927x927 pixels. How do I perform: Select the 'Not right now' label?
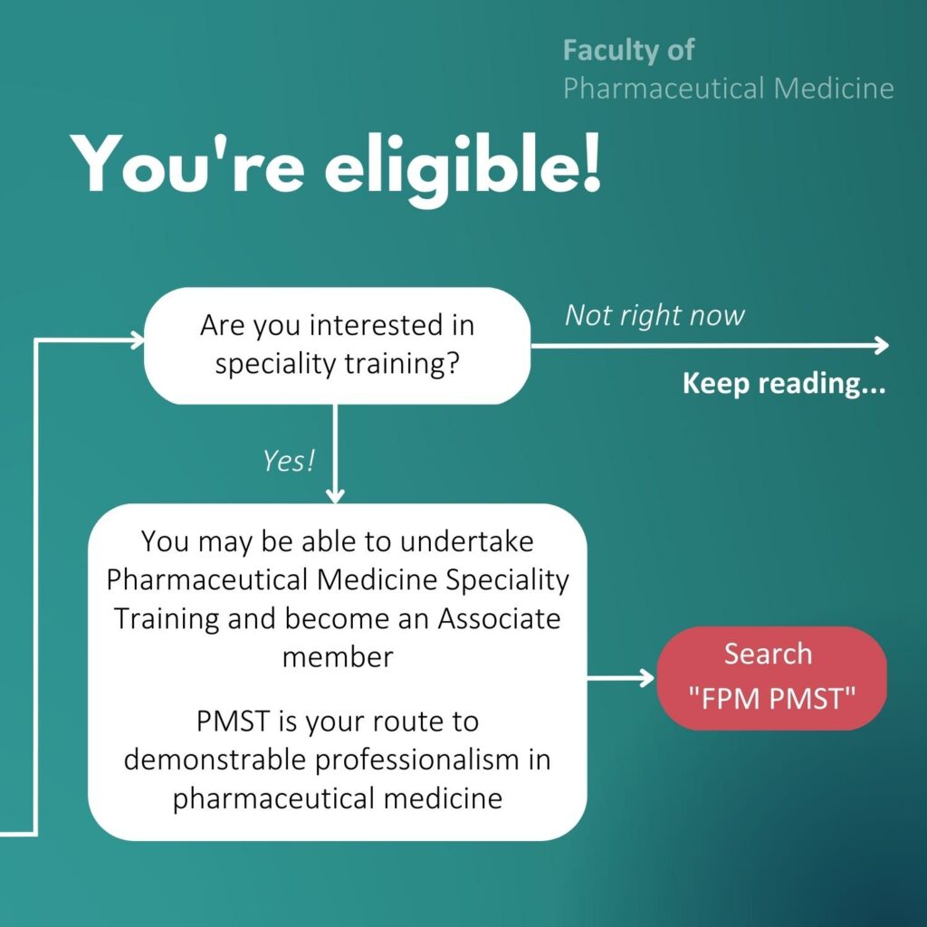[x=655, y=316]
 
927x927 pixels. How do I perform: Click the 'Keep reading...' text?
[x=784, y=383]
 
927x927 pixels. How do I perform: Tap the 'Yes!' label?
[x=289, y=461]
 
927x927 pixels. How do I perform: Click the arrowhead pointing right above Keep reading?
[x=882, y=345]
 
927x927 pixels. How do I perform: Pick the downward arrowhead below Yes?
[x=335, y=495]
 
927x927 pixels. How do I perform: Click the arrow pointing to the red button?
[x=620, y=677]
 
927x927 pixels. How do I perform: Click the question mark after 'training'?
[x=453, y=363]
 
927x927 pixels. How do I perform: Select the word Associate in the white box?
[x=499, y=619]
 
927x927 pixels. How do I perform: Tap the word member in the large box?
[x=338, y=657]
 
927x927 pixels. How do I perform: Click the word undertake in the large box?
[x=466, y=541]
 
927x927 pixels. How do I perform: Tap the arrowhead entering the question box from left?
[x=138, y=340]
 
